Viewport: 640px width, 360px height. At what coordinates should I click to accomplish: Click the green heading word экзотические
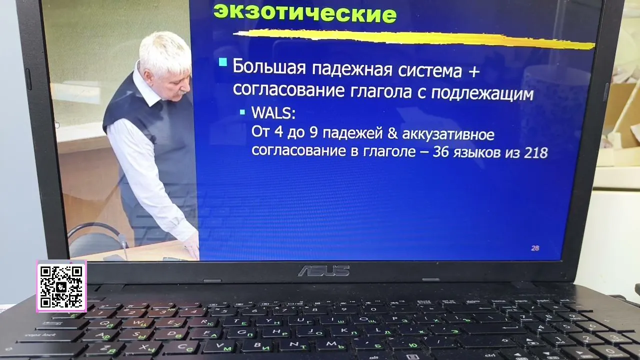(x=305, y=13)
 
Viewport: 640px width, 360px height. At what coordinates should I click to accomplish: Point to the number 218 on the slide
(x=536, y=152)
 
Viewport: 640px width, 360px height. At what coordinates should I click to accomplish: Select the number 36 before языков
(x=440, y=152)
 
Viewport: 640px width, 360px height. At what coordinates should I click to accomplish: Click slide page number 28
(x=535, y=248)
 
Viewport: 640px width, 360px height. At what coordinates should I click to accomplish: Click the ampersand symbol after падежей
(x=392, y=133)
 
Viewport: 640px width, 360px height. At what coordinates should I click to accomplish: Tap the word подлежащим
(x=482, y=93)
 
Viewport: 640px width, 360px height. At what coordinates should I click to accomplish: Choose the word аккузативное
(x=448, y=134)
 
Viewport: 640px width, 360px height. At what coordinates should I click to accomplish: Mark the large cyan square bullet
(x=223, y=62)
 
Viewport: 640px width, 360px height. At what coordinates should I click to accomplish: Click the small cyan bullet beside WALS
(x=242, y=112)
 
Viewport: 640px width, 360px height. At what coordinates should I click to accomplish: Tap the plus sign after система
(x=474, y=71)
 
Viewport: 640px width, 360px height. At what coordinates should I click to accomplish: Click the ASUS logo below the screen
(x=323, y=270)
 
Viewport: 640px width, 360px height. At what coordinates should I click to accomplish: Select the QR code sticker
(x=61, y=286)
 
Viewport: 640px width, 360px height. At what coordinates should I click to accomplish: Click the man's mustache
(x=183, y=91)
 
